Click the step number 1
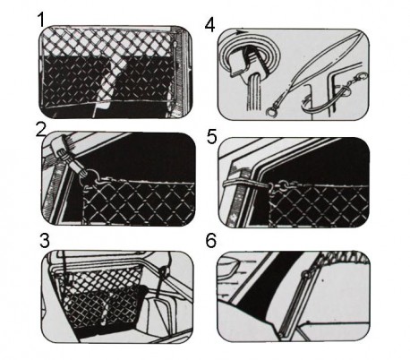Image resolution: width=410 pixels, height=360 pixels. point(41,20)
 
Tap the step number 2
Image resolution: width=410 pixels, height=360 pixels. point(41,131)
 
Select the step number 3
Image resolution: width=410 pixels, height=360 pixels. point(45,241)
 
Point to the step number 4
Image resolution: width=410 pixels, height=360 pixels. point(209,25)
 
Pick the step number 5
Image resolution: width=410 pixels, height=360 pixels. point(212,137)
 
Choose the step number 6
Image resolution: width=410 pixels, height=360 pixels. point(211,240)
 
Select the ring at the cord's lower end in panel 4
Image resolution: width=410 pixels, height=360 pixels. point(271,113)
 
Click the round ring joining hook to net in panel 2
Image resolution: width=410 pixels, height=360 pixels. point(93,176)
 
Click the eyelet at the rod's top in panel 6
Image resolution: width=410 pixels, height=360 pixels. point(305,274)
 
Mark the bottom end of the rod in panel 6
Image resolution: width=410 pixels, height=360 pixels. point(281,335)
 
